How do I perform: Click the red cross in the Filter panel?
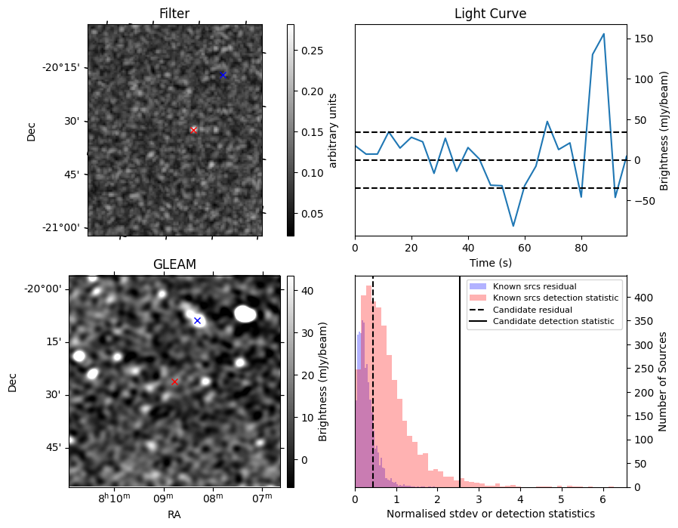click(x=193, y=130)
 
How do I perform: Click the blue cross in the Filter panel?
click(x=223, y=76)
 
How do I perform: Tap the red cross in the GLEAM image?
click(x=174, y=381)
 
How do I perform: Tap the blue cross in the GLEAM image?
click(x=197, y=320)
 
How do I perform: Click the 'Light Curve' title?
click(x=490, y=14)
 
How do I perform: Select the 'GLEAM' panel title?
click(x=174, y=264)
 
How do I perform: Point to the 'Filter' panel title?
click(x=174, y=14)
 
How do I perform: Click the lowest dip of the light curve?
click(x=513, y=226)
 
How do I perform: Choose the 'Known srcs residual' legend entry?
click(x=534, y=287)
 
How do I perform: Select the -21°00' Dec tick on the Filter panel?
click(x=63, y=228)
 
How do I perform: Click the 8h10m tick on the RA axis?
click(x=115, y=499)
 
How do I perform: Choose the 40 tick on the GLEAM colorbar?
click(x=307, y=290)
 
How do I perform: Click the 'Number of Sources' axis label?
click(x=663, y=381)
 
